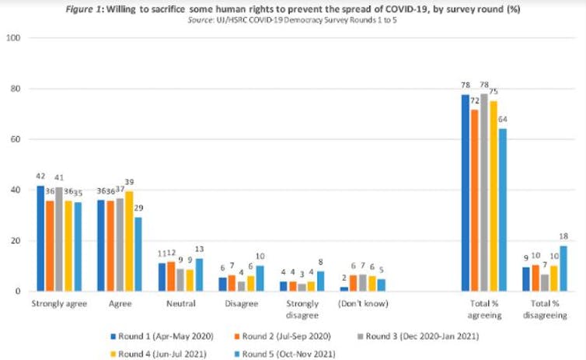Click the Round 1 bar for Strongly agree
(x=39, y=239)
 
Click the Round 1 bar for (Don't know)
(x=344, y=288)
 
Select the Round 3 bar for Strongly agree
(x=60, y=239)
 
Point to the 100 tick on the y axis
(x=13, y=38)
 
